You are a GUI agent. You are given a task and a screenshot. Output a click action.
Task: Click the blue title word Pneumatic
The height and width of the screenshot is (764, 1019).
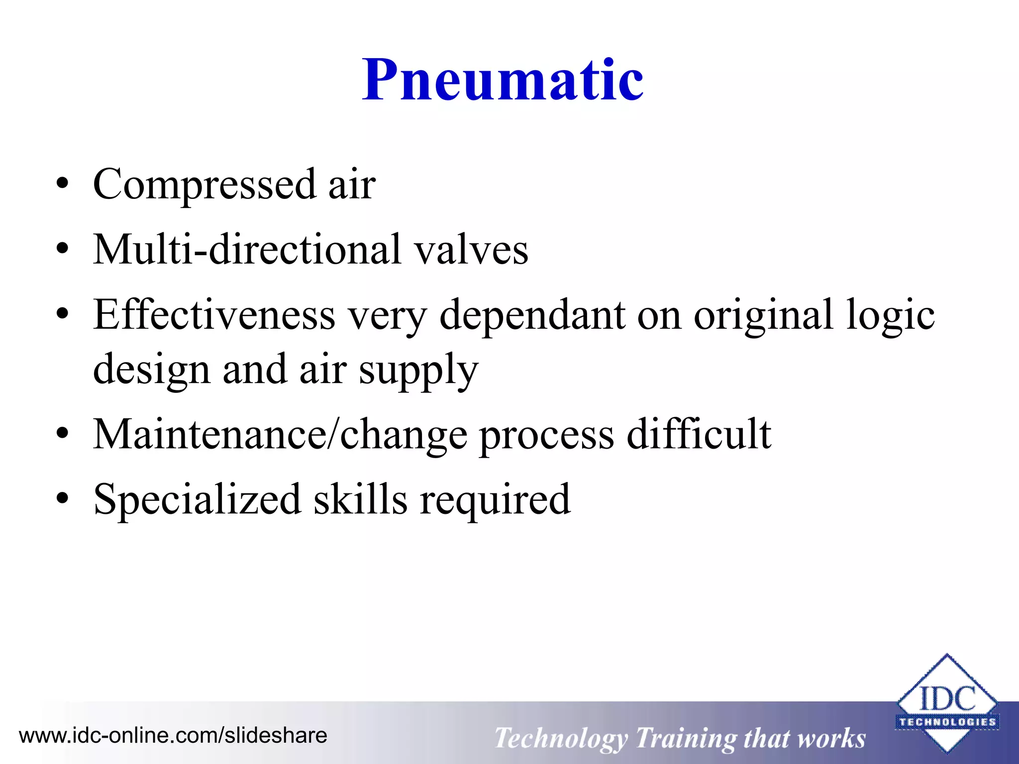coord(503,80)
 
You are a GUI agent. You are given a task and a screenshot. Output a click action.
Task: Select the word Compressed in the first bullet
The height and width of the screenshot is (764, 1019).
coord(204,184)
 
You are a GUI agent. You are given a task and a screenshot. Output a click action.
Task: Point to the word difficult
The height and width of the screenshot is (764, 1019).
coord(699,434)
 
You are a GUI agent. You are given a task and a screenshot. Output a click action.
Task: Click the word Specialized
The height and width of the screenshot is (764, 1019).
coord(197,500)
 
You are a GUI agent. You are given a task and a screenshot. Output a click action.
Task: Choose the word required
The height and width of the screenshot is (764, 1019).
coord(495,500)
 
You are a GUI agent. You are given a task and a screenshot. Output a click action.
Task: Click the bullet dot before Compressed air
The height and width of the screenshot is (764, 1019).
coord(62,185)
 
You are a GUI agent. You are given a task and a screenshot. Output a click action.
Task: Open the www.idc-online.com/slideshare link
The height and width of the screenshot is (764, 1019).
coord(173,736)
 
